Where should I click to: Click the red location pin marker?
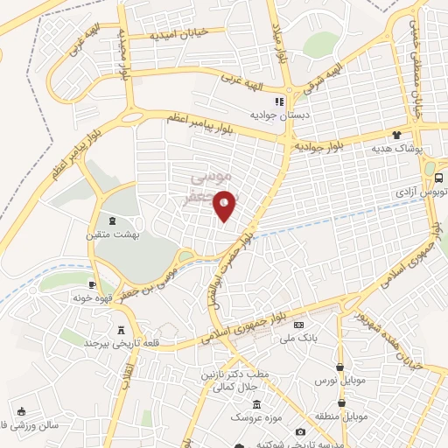tap(225, 205)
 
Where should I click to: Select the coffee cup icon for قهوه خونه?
tap(92, 284)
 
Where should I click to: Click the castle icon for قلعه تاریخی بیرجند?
tap(121, 330)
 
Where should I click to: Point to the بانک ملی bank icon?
tap(299, 325)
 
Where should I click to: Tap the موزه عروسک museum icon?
tap(255, 404)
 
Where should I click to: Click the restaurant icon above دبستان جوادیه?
tap(279, 101)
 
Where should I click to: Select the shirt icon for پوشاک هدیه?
tap(396, 136)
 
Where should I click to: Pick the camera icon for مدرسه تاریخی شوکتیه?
tap(301, 431)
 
